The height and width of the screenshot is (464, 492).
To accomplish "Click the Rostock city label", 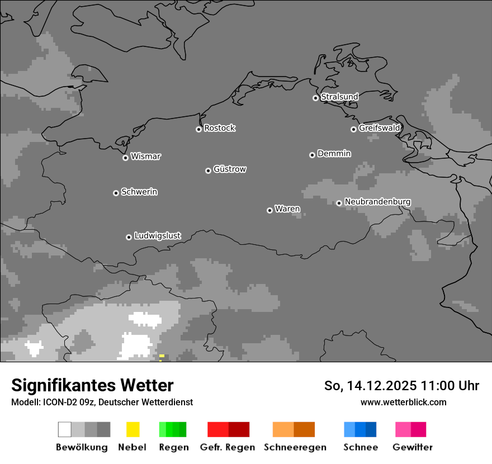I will [220, 128].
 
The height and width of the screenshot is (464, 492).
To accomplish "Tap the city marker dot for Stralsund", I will [315, 98].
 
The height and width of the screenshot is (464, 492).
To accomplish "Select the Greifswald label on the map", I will [380, 128].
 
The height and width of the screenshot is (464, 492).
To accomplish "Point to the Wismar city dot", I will [125, 158].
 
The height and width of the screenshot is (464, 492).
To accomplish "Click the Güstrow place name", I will [230, 169].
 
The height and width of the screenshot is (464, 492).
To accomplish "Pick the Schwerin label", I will [139, 192].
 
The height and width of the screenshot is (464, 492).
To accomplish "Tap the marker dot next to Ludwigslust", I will [129, 237].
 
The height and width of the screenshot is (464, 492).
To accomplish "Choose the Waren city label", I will [287, 209].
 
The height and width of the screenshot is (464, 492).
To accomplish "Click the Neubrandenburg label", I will [377, 202].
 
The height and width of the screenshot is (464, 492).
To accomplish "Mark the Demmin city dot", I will [312, 155].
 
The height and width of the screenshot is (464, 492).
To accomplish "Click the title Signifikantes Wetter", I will [92, 385].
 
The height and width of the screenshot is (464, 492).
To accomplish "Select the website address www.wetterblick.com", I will [403, 402].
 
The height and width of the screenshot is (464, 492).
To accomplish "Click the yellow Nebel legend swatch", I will [133, 429].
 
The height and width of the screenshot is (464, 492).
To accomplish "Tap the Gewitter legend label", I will [413, 447].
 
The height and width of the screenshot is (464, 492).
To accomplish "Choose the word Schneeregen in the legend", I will [295, 447].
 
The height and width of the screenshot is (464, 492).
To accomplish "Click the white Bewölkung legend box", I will [65, 429].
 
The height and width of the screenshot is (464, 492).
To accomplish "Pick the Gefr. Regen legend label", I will [228, 447].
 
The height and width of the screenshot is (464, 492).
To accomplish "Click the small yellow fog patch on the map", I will [162, 356].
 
